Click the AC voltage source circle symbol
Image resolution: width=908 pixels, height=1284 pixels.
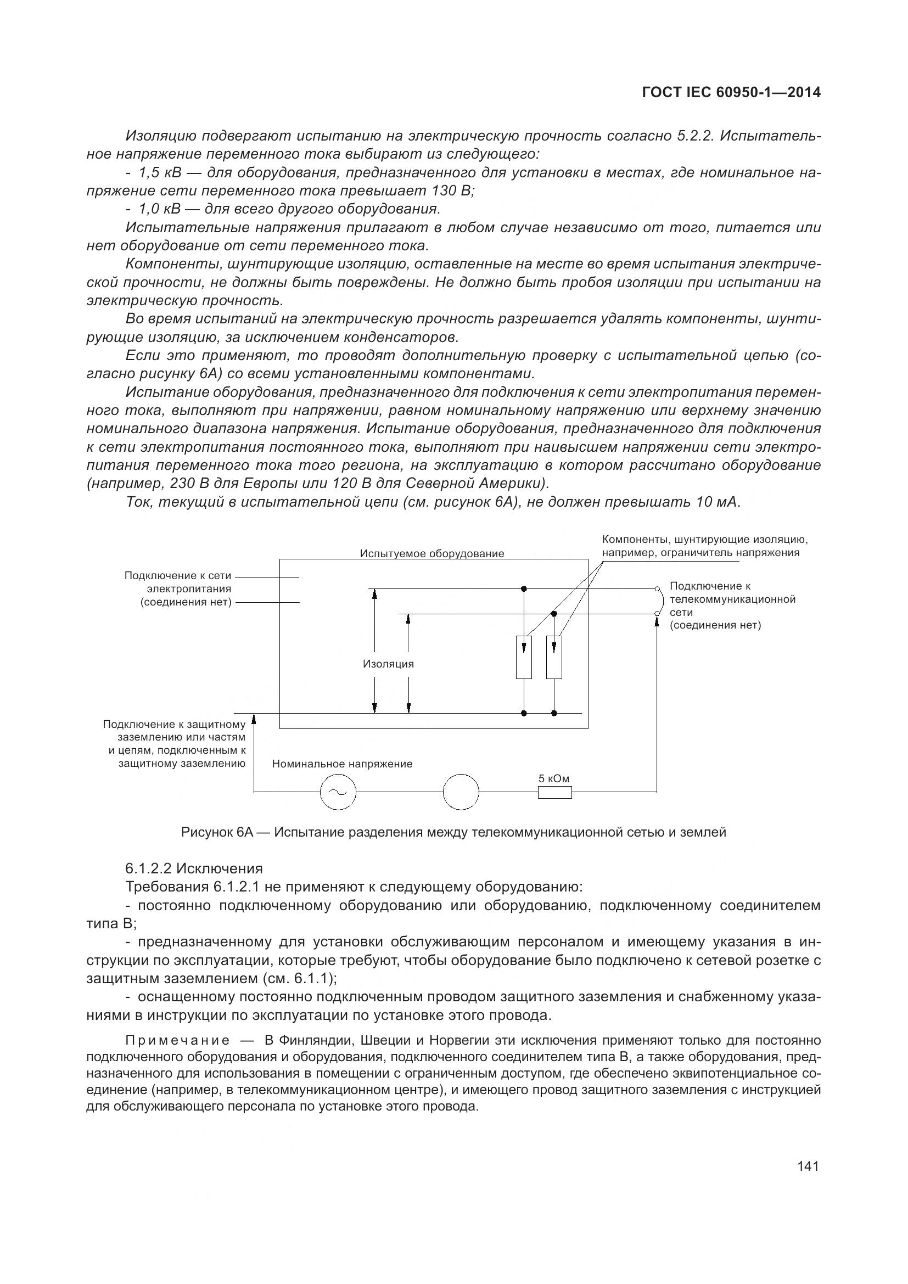[x=338, y=792]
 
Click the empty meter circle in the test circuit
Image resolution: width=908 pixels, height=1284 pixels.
[x=461, y=792]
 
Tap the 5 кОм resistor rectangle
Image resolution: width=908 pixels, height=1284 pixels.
[x=554, y=792]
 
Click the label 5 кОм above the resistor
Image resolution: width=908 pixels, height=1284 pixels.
[x=553, y=778]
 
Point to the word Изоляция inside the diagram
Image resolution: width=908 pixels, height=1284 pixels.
[x=388, y=664]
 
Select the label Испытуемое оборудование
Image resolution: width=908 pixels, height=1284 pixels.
[x=431, y=554]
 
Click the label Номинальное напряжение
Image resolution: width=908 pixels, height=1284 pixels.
[x=342, y=764]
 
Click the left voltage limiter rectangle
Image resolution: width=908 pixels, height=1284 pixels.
[x=524, y=657]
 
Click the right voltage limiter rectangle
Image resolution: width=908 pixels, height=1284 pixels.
[x=553, y=657]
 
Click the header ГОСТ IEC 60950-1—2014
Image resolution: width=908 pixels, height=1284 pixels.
[x=731, y=93]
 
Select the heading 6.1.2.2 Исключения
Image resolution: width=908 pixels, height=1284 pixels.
[x=193, y=868]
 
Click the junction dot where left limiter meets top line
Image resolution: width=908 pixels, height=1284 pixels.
[x=524, y=588]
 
